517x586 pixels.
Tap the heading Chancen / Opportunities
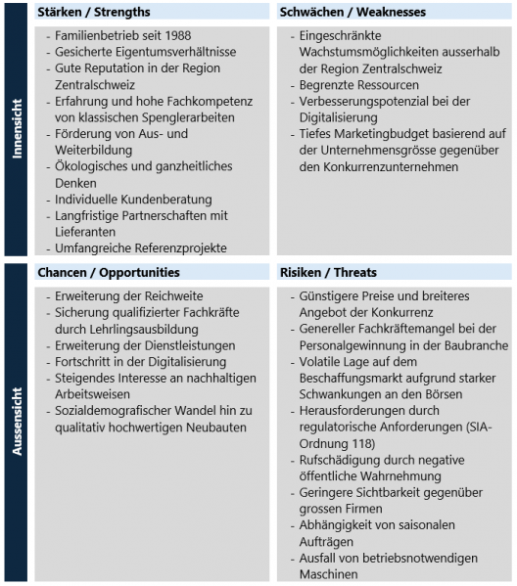[109, 272]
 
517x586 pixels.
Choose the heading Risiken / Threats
[327, 272]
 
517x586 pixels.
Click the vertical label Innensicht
[16, 132]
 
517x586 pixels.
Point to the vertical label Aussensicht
[16, 421]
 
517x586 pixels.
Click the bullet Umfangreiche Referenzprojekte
[140, 248]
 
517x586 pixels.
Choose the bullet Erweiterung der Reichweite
[131, 294]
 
